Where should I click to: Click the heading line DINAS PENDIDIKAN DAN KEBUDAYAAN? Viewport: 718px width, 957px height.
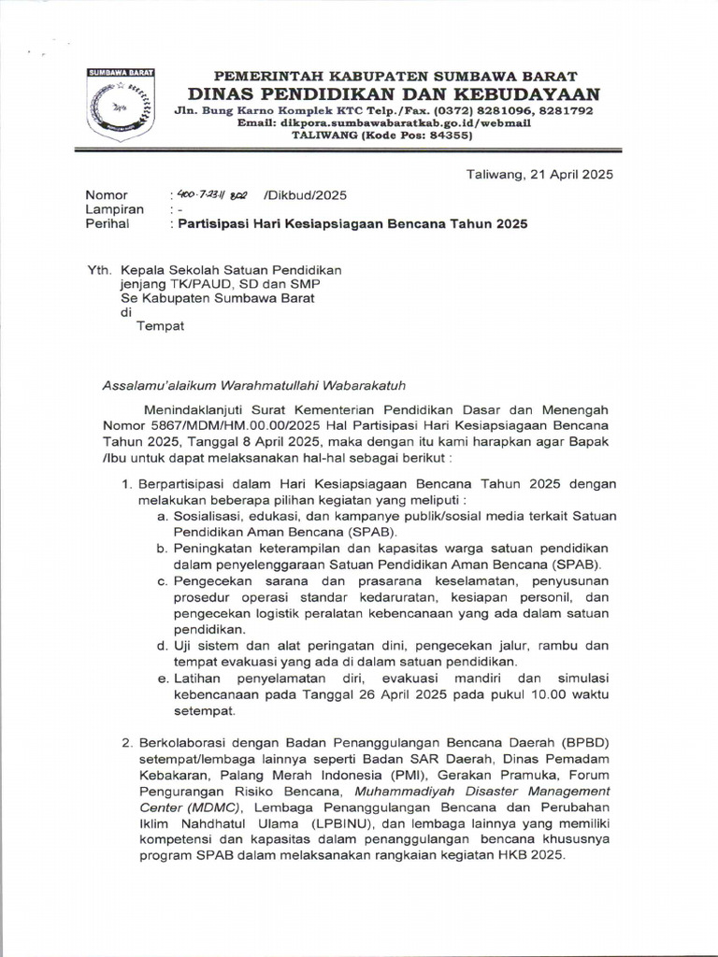[x=394, y=93]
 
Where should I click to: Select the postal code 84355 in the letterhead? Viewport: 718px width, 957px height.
[x=449, y=135]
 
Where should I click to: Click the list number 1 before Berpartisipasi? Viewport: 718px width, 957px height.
[x=128, y=484]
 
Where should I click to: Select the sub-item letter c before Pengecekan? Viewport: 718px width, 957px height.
[x=161, y=580]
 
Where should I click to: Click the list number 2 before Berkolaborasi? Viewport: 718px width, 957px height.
[x=128, y=742]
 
